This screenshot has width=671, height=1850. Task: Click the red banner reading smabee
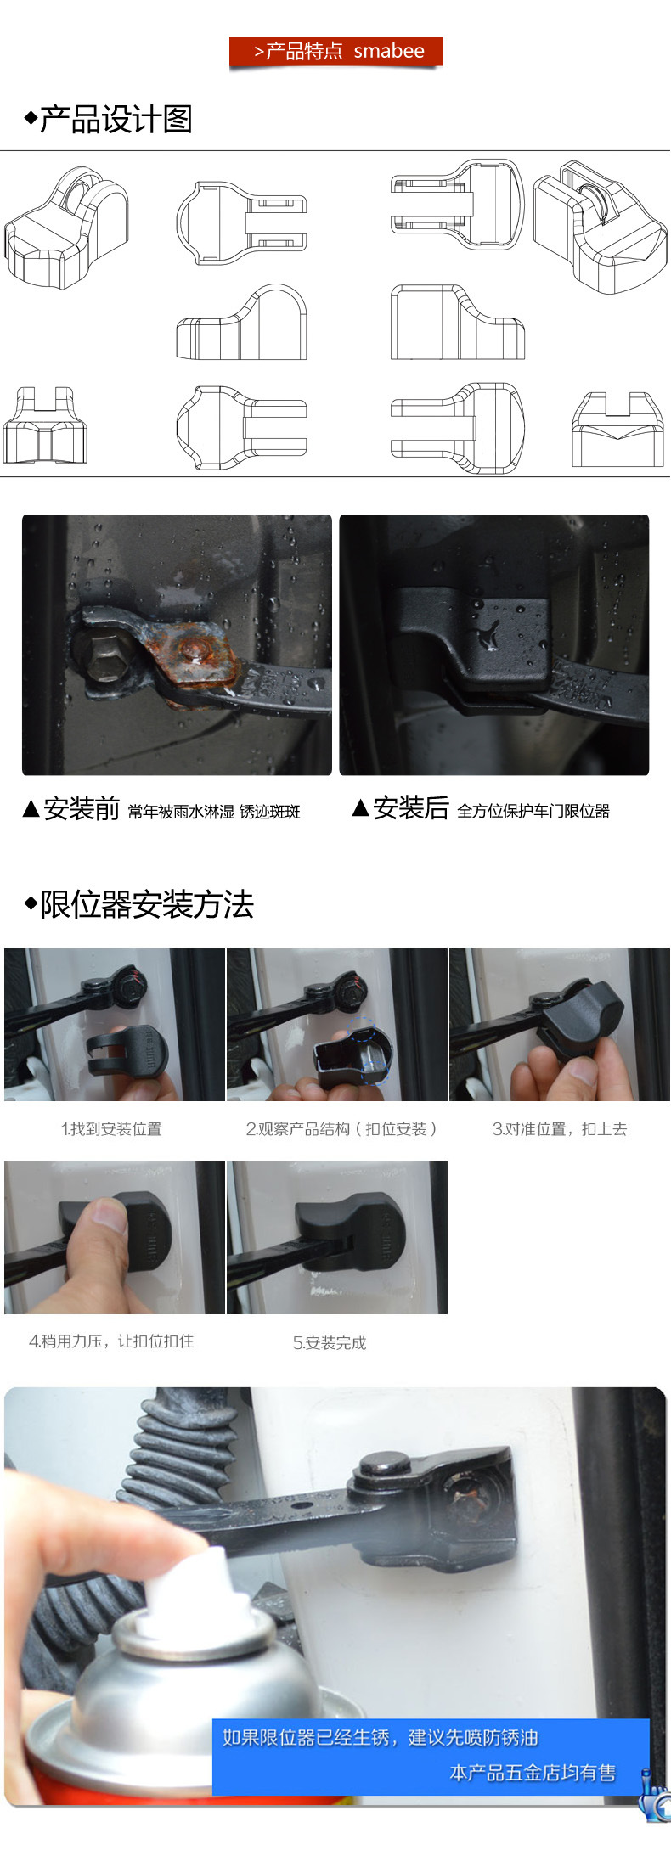pos(335,52)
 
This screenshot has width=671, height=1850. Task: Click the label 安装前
pos(82,809)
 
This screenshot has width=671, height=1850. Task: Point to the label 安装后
pos(411,808)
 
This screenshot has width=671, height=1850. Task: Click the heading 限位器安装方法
pos(147,905)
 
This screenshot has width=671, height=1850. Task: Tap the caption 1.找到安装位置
pos(111,1129)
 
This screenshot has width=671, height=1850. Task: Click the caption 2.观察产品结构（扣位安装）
pos(341,1129)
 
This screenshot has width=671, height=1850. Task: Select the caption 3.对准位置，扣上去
pos(560,1129)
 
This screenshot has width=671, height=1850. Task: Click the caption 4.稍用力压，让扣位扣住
pos(111,1341)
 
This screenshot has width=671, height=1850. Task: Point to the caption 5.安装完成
pos(330,1343)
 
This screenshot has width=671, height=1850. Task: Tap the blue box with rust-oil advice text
pos(431,1757)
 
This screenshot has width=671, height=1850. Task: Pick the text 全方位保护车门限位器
pos(533,812)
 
